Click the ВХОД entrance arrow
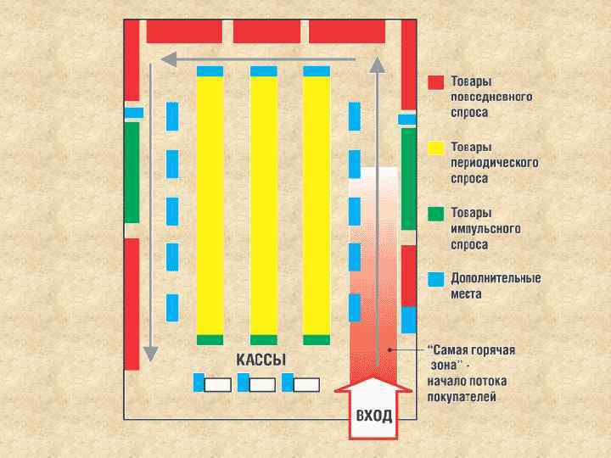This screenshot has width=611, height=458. click(374, 411)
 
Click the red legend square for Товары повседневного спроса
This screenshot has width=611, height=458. click(436, 82)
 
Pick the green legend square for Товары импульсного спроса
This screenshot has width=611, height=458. click(436, 213)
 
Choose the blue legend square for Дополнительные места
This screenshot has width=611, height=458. click(436, 278)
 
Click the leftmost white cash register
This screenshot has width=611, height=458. click(218, 384)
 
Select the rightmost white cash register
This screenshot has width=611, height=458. click(306, 384)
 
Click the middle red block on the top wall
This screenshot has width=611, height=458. click(266, 31)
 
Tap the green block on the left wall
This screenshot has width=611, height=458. click(132, 172)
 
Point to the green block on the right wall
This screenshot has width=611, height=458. click(409, 178)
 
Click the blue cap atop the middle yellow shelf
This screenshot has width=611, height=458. click(263, 71)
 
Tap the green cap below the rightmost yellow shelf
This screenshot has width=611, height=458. click(317, 340)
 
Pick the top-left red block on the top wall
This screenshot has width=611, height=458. click(184, 31)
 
